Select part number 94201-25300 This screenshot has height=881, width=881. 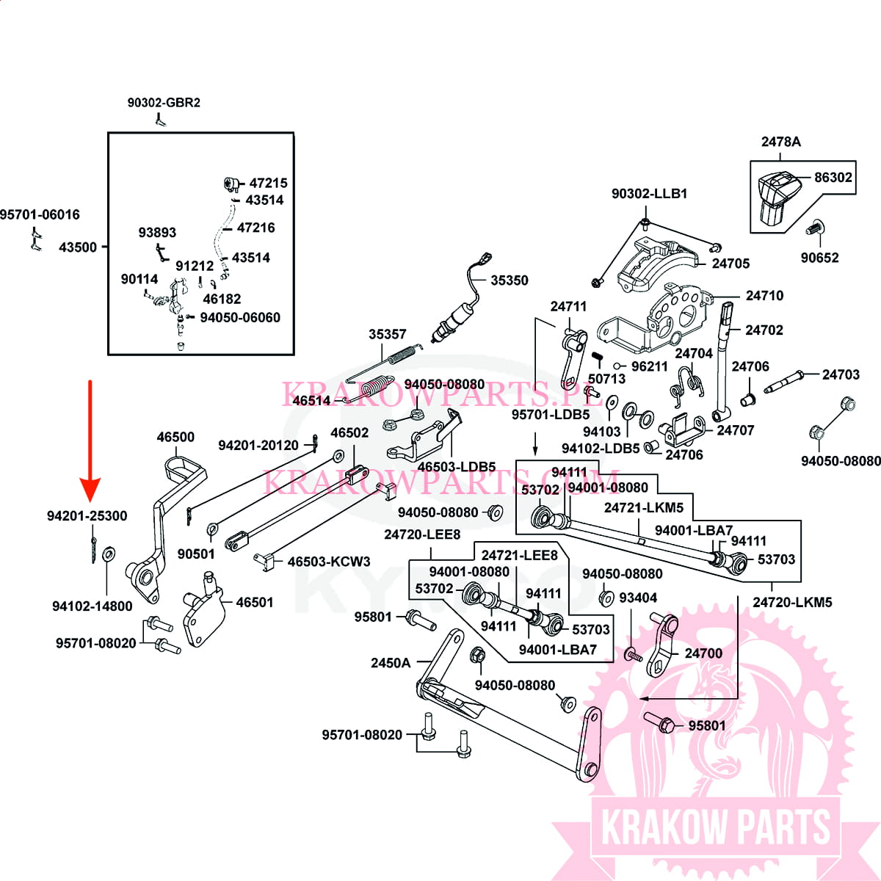coord(87,516)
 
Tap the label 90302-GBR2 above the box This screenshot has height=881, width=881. coord(164,103)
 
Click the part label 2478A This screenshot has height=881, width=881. coord(780,142)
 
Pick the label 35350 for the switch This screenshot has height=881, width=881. coord(509,280)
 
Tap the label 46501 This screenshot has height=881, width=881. coord(254,602)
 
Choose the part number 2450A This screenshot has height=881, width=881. coord(391,663)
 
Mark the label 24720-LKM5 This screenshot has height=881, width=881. coord(792,602)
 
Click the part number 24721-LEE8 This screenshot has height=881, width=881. coord(519,555)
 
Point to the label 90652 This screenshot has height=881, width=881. coord(819,258)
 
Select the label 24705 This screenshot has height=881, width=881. coord(730,264)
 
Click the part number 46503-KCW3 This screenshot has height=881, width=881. coord(329,562)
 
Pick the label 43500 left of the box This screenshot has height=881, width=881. coord(78,247)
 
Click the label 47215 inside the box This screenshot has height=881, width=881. coord(268,183)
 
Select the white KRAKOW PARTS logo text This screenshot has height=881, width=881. coord(715,827)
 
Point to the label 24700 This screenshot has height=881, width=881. coord(703,653)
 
